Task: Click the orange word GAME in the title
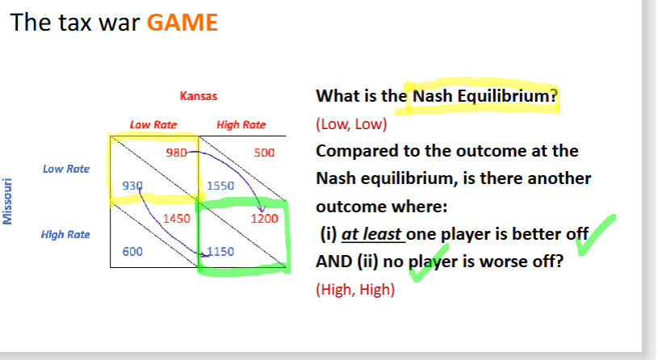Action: point(182,23)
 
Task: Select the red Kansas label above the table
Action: point(199,96)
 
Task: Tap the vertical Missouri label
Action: point(7,202)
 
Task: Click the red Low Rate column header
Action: point(153,124)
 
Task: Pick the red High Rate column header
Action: point(241,124)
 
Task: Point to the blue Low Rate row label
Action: point(66,169)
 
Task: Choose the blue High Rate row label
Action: point(65,235)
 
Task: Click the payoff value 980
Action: point(176,153)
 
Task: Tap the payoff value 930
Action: point(132,186)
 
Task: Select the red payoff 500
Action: point(264,153)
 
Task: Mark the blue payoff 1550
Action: point(220,186)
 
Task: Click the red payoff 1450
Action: point(177,219)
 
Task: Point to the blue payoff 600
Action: point(132,251)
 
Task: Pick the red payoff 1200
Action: point(264,219)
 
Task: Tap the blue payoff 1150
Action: point(220,251)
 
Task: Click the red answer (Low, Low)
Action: point(351,124)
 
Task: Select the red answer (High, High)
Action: point(355,290)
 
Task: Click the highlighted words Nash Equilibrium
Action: point(484,96)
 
